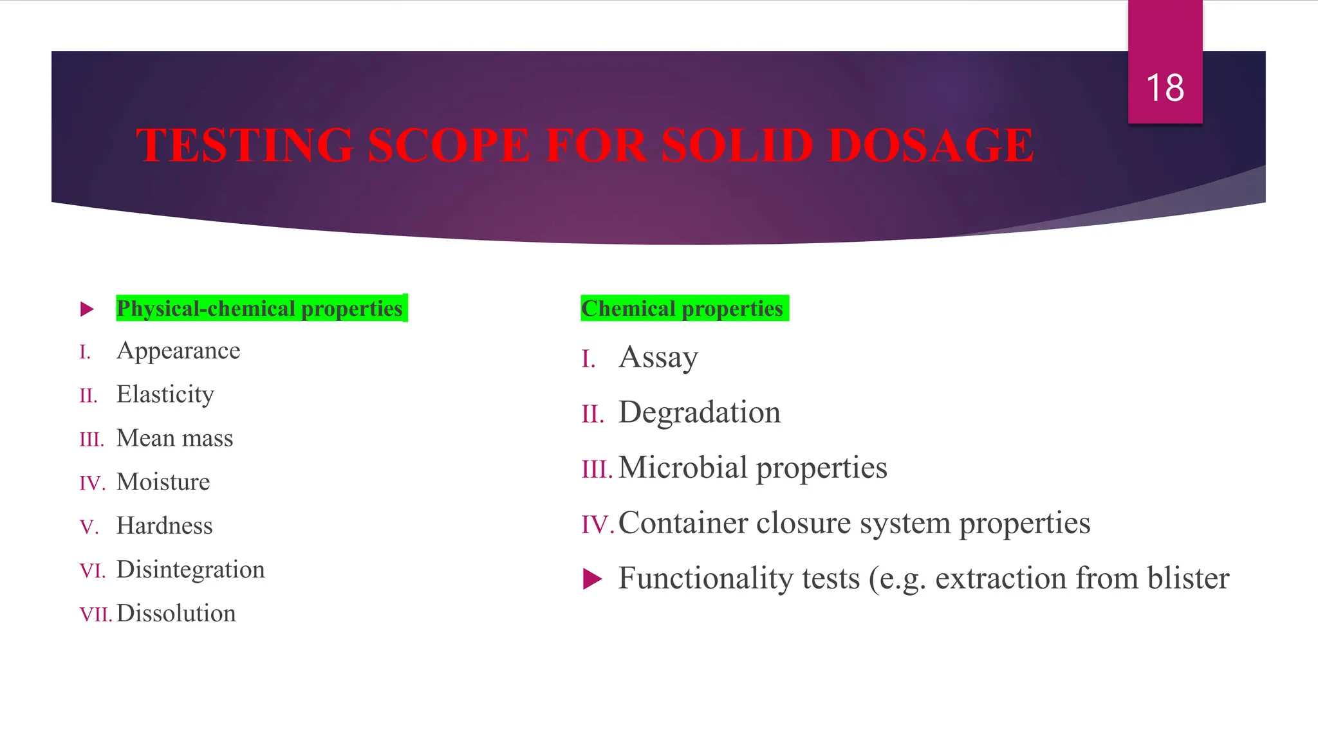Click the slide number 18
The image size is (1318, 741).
[x=1165, y=87]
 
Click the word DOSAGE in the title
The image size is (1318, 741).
[x=931, y=145]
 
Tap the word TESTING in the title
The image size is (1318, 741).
[x=245, y=145]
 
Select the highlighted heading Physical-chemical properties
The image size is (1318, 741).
[x=260, y=309]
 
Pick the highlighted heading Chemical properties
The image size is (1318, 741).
[x=683, y=309]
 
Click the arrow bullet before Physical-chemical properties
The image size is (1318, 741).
[x=88, y=309]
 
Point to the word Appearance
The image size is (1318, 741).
[x=178, y=351]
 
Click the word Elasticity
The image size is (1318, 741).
[x=165, y=394]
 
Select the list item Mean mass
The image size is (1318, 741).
[x=175, y=438]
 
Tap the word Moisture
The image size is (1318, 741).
[x=163, y=482]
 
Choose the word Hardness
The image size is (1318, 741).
[x=165, y=526]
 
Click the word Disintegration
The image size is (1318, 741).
[x=190, y=570]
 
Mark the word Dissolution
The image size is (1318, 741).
[x=176, y=614]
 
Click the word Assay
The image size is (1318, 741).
[x=658, y=358]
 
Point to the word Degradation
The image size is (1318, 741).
[x=700, y=412]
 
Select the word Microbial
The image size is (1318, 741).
[x=683, y=468]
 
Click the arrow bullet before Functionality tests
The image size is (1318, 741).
[x=592, y=579]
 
